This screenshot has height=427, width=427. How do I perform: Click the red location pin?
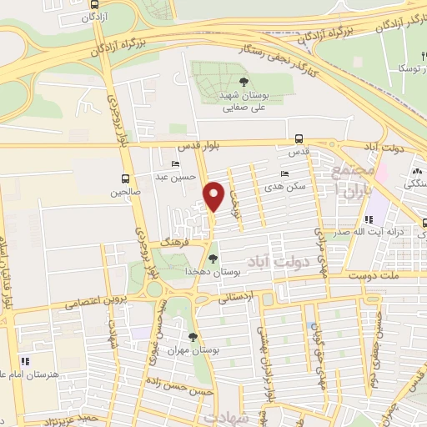pyautogui.click(x=214, y=195)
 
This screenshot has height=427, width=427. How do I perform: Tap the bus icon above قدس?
pyautogui.click(x=299, y=140)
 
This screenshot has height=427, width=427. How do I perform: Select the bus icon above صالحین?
pyautogui.click(x=125, y=178)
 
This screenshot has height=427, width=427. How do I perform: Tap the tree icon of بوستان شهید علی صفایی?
pyautogui.click(x=244, y=81)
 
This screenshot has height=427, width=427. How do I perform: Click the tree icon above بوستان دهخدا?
pyautogui.click(x=213, y=258)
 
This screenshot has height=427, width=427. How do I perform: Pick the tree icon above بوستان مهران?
pyautogui.click(x=193, y=337)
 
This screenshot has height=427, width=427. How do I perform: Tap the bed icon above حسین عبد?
pyautogui.click(x=174, y=163)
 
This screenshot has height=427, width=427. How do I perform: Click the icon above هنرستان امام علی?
pyautogui.click(x=25, y=360)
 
